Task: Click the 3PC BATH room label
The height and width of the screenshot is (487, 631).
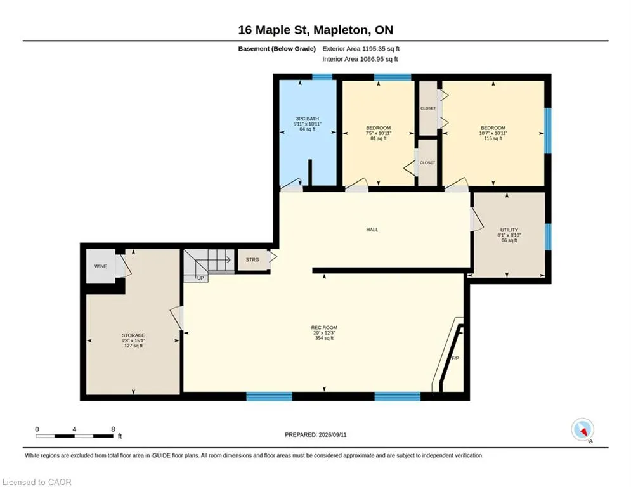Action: pyautogui.click(x=308, y=119)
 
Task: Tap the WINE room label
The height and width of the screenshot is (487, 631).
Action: pyautogui.click(x=101, y=266)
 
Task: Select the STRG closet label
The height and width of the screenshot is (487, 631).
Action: pyautogui.click(x=252, y=259)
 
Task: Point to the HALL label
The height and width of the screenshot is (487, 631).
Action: pyautogui.click(x=372, y=230)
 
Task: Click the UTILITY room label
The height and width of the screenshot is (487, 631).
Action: pyautogui.click(x=509, y=230)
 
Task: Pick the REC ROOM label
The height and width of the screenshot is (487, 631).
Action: pyautogui.click(x=324, y=328)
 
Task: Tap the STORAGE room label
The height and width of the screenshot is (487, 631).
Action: pyautogui.click(x=133, y=335)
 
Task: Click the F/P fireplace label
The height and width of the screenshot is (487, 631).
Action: pyautogui.click(x=455, y=358)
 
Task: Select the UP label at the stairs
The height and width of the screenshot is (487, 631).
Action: pyautogui.click(x=200, y=278)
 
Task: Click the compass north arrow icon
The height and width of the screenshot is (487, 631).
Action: pyautogui.click(x=583, y=429)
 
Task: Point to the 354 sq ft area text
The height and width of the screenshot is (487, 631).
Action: pyautogui.click(x=324, y=338)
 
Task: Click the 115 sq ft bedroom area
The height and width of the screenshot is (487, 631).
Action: pyautogui.click(x=493, y=138)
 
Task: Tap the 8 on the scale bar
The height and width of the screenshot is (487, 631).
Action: pyautogui.click(x=113, y=429)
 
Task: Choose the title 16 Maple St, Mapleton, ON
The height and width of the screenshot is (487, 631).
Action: pyautogui.click(x=316, y=30)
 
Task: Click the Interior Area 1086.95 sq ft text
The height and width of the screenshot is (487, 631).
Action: pyautogui.click(x=360, y=59)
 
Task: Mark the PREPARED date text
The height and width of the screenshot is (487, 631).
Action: pyautogui.click(x=316, y=434)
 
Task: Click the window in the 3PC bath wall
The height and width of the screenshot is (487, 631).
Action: pyautogui.click(x=322, y=77)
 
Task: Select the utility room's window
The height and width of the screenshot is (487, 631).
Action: pyautogui.click(x=548, y=237)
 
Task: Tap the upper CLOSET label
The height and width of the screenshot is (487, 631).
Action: pyautogui.click(x=428, y=108)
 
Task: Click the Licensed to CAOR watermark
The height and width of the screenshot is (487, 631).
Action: pyautogui.click(x=37, y=482)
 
